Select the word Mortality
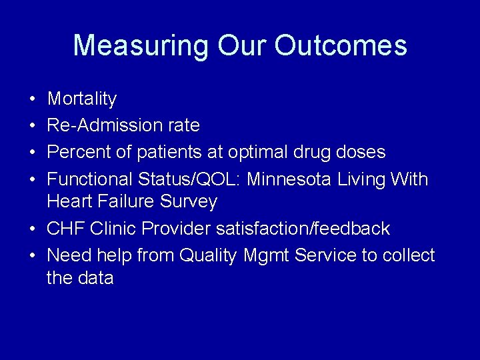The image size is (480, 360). pos(82,99)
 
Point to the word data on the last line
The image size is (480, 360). pos(95,278)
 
